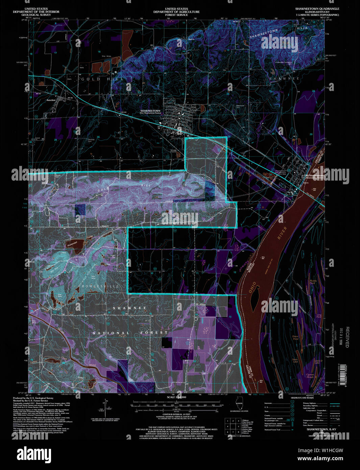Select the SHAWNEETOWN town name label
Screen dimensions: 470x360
(150, 111)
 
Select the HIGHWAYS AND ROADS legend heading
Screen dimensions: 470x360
(302, 398)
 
